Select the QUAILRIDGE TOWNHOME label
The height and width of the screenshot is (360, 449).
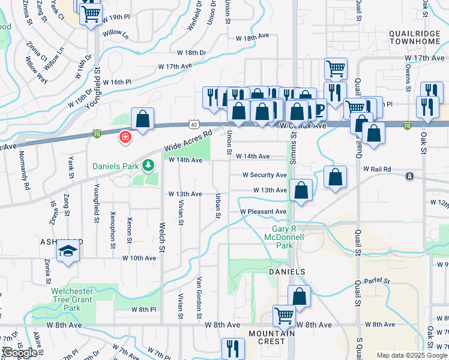[x=415, y=37]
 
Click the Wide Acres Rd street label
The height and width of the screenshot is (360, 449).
[x=188, y=142]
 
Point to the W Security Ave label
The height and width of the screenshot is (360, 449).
[x=264, y=175]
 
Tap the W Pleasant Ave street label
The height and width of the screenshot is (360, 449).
[x=263, y=212]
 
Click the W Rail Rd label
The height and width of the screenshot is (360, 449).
[x=377, y=169]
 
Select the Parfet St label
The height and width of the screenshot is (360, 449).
[x=376, y=281]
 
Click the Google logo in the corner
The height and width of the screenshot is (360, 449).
[x=20, y=353]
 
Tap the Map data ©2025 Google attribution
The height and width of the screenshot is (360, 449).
[x=412, y=355]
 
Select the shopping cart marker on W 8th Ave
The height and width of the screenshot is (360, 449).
[x=285, y=315]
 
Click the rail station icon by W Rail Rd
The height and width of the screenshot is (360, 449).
[x=409, y=176]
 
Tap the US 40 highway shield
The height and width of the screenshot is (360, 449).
[x=193, y=124]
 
